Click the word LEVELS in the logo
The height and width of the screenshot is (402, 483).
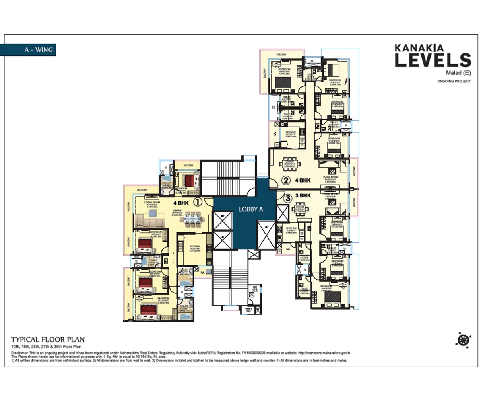432,60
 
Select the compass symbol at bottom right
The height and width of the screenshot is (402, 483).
463,340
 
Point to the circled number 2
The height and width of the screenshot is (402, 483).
286,181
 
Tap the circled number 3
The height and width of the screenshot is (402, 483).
287,198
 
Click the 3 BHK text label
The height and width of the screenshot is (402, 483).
303,196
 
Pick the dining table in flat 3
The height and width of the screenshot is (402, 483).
305,214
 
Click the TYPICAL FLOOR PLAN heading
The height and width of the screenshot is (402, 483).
47,339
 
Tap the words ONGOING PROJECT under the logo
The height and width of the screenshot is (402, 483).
454,81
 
